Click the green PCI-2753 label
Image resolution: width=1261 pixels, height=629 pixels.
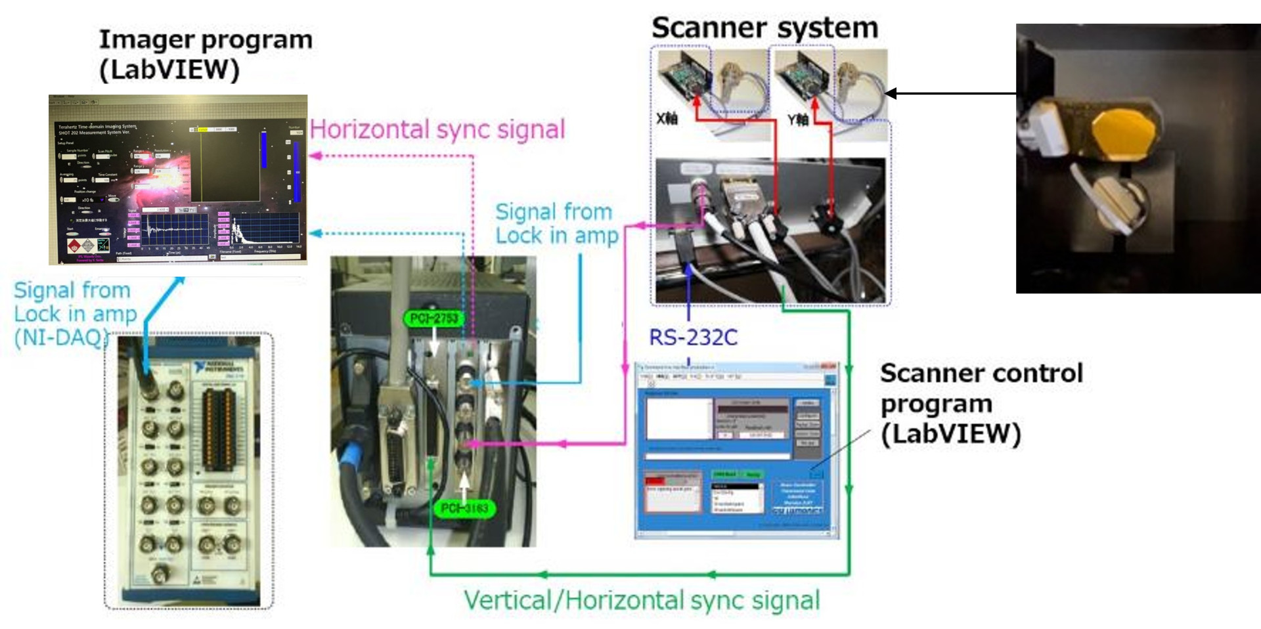433,318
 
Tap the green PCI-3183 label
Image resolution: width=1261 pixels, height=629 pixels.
464,508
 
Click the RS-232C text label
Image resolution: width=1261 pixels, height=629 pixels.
693,337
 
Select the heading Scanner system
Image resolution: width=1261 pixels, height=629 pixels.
764,28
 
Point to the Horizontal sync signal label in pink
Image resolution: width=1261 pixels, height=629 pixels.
437,129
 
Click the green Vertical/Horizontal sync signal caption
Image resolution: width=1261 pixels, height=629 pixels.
642,600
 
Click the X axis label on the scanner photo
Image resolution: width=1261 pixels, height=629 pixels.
667,119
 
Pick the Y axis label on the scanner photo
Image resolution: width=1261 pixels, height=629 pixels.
797,119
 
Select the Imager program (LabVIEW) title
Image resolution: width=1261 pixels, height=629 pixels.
205,54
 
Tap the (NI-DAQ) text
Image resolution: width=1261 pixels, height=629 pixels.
60,337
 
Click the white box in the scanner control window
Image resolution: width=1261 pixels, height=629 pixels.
678,418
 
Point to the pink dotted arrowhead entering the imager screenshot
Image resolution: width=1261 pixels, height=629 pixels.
315,156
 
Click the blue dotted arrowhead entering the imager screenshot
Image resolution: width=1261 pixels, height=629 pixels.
315,233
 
